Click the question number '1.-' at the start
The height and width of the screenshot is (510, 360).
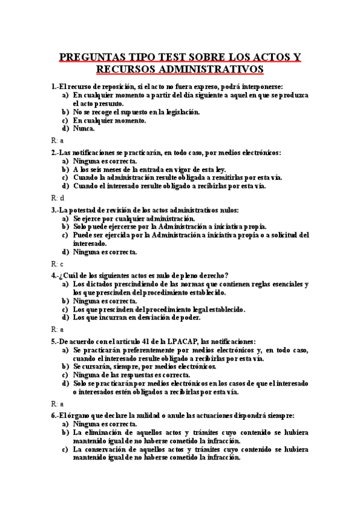tap(56, 86)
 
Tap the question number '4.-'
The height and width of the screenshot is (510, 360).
tap(56, 275)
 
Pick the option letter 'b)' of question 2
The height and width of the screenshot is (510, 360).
tap(66, 170)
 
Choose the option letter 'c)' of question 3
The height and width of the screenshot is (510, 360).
tap(66, 235)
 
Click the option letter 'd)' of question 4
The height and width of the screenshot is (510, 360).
tap(66, 318)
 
